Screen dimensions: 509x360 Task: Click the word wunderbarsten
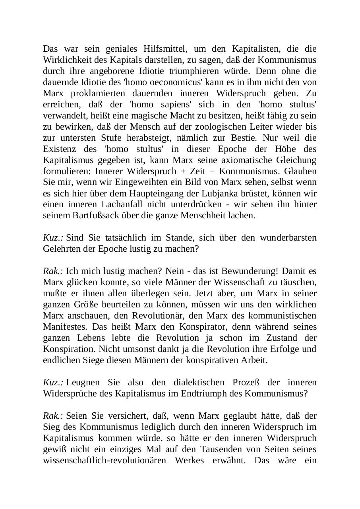pos(288,238)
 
